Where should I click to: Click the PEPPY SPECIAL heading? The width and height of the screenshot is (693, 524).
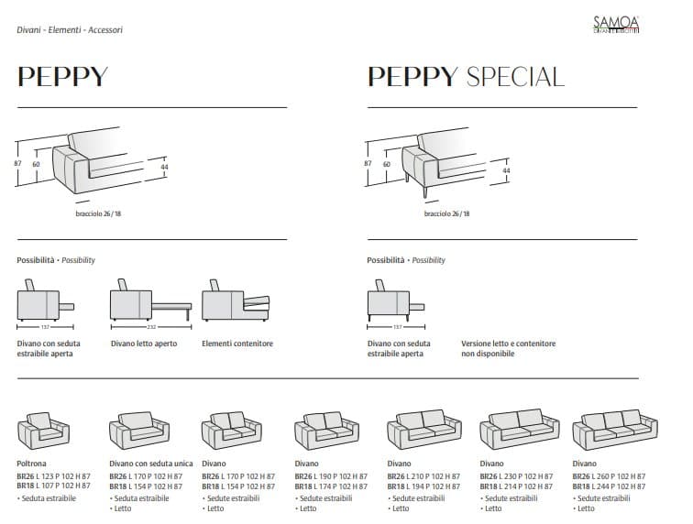pyautogui.click(x=466, y=76)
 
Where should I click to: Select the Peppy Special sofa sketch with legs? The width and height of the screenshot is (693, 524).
pyautogui.click(x=453, y=163)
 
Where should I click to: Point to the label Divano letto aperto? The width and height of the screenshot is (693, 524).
pyautogui.click(x=144, y=344)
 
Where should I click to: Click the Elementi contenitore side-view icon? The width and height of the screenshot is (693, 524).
pyautogui.click(x=236, y=300)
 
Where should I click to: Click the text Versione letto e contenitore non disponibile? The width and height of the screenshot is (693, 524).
pyautogui.click(x=509, y=348)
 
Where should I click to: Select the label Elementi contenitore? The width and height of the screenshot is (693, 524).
pyautogui.click(x=237, y=344)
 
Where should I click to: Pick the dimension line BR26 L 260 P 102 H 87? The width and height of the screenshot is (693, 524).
pyautogui.click(x=609, y=476)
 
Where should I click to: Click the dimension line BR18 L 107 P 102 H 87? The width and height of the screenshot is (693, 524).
pyautogui.click(x=54, y=486)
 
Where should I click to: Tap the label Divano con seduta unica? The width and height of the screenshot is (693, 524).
pyautogui.click(x=151, y=464)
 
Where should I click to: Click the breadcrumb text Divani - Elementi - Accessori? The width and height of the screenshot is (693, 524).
pyautogui.click(x=70, y=30)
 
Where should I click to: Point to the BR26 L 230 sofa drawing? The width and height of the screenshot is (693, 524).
pyautogui.click(x=519, y=429)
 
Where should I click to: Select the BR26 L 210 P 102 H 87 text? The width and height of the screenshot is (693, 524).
pyautogui.click(x=423, y=476)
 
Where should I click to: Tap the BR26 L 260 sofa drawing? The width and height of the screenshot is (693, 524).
pyautogui.click(x=614, y=429)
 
